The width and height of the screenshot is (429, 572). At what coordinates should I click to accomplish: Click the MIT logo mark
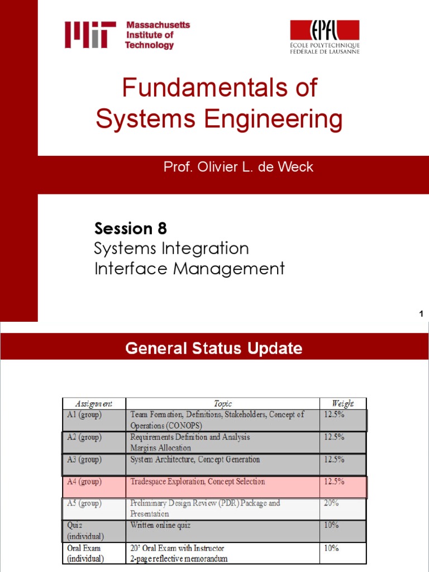90,35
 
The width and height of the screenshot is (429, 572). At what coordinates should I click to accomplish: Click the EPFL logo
324,37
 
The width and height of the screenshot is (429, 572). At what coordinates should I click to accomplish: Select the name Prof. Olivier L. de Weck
239,167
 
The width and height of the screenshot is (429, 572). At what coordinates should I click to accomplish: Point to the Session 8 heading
131,228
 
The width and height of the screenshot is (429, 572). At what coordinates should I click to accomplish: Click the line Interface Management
189,269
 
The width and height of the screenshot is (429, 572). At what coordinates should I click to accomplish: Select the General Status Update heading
214,349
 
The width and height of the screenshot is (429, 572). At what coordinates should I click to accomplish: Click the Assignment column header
93,403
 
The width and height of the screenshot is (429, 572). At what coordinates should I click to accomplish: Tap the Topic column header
222,403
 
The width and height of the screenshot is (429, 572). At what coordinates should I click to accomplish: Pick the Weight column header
342,403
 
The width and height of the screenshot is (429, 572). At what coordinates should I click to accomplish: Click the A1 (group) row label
83,414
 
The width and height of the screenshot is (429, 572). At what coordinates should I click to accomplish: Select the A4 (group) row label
83,482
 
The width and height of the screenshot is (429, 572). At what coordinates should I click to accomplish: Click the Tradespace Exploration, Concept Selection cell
198,482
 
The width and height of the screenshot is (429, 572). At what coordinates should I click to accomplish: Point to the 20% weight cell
332,503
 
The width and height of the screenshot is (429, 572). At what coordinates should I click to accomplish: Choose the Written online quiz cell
163,525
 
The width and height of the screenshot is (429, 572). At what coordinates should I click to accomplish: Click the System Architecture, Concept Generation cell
195,460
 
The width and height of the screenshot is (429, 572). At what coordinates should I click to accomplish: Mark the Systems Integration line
171,248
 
